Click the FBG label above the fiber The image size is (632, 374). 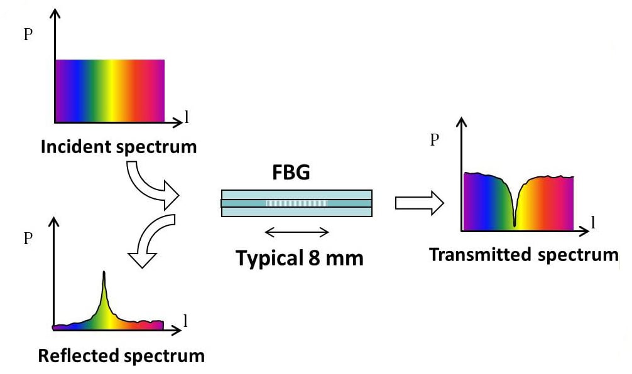[x=291, y=173]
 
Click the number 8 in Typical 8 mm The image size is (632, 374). [x=314, y=258]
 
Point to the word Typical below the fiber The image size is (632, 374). [x=270, y=259]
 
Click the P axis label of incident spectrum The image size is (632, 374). [x=28, y=35]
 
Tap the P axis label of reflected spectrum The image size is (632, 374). [x=28, y=238]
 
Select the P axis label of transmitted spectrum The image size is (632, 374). [x=434, y=140]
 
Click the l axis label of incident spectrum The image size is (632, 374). [x=186, y=117]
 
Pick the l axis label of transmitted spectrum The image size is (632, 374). [x=593, y=222]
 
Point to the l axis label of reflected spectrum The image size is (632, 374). [x=185, y=321]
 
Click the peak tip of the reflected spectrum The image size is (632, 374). [x=104, y=272]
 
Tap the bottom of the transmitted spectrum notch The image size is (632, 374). [x=515, y=225]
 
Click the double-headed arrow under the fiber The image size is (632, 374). [x=297, y=232]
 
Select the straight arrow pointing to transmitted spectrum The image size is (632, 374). [x=419, y=203]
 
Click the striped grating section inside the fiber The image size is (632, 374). [x=297, y=203]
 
